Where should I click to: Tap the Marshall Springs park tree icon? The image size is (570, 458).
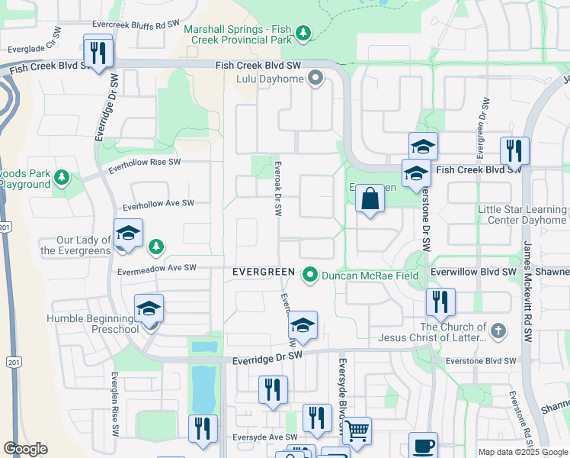[303, 33]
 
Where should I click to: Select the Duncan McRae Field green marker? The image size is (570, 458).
[310, 275]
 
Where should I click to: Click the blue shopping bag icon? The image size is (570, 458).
[370, 199]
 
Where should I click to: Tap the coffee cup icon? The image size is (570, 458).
[423, 446]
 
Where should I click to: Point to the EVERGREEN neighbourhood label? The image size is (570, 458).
[263, 273]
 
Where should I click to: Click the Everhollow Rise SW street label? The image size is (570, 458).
[145, 163]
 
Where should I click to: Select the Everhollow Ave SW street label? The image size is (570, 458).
[159, 204]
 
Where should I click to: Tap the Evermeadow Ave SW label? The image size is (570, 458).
[157, 268]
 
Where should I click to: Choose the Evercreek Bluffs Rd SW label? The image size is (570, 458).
[129, 25]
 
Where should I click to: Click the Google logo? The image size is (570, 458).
[25, 449]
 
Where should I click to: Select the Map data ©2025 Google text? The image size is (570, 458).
[523, 452]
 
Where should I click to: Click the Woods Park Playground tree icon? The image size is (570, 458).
[62, 179]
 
